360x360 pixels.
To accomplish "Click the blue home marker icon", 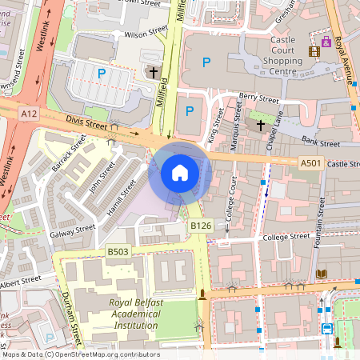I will (180, 172).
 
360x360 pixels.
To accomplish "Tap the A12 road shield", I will (30, 114).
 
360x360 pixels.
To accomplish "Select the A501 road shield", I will (311, 163).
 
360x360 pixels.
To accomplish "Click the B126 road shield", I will (200, 226).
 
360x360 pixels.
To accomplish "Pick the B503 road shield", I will (118, 252).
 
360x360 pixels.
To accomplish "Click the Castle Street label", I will (343, 163).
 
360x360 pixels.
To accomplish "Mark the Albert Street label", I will (20, 282).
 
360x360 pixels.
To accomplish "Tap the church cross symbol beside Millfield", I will (153, 73).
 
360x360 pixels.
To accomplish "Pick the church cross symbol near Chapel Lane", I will (260, 126).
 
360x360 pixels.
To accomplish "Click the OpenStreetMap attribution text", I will (80, 354).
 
